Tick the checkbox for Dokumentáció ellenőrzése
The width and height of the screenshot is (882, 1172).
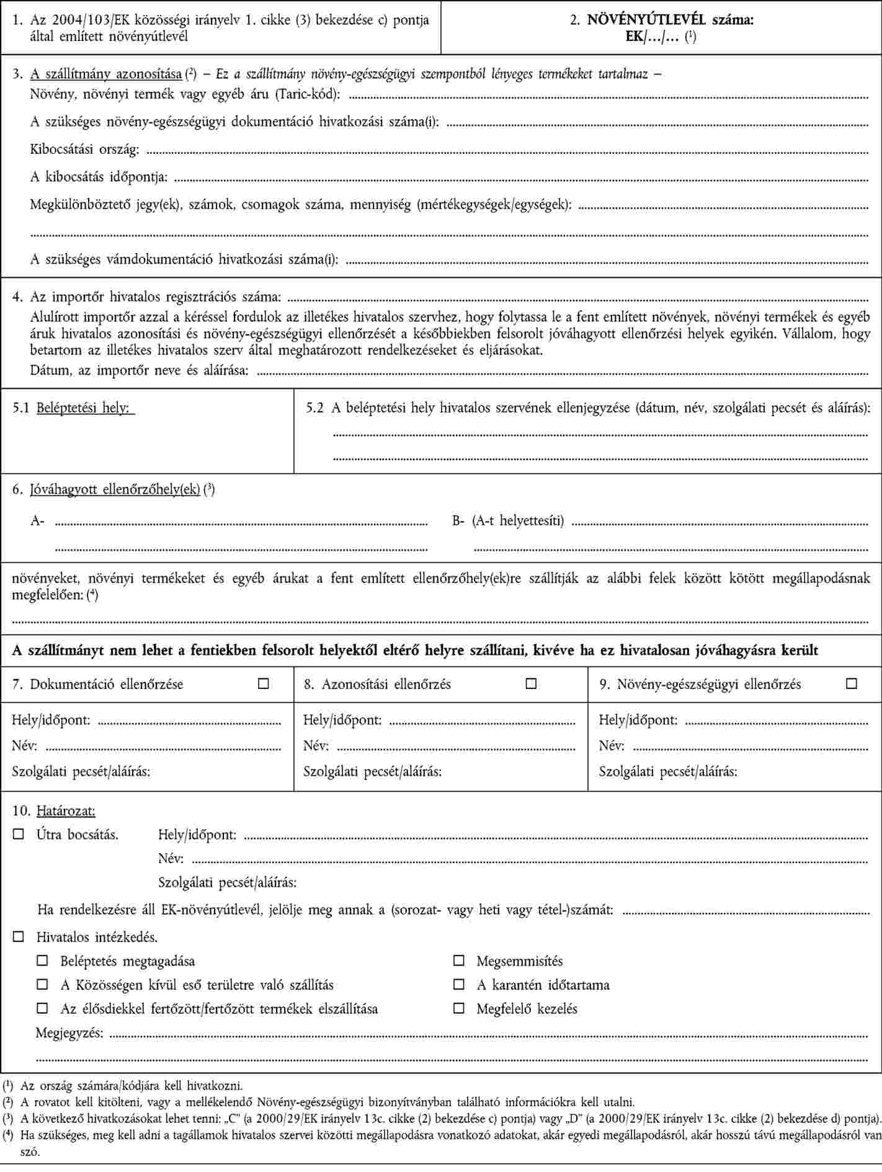(264, 684)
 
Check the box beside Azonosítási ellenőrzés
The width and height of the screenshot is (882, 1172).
(531, 684)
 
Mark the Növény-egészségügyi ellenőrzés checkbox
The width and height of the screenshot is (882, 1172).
(852, 684)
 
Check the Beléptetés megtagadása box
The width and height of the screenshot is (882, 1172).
(42, 961)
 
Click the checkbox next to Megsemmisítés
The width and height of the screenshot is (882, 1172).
(458, 961)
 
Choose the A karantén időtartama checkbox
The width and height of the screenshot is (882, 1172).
(458, 985)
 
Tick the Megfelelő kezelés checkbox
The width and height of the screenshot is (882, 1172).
(458, 1008)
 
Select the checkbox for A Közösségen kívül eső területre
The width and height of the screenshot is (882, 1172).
(42, 985)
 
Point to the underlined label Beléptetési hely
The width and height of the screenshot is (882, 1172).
(86, 408)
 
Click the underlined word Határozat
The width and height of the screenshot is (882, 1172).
(66, 810)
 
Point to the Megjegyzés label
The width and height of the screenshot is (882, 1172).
(69, 1032)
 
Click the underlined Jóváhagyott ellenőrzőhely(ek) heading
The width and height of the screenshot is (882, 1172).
(115, 489)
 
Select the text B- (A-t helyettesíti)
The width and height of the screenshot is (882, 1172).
(508, 520)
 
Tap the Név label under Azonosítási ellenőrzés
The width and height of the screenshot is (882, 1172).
(316, 746)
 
